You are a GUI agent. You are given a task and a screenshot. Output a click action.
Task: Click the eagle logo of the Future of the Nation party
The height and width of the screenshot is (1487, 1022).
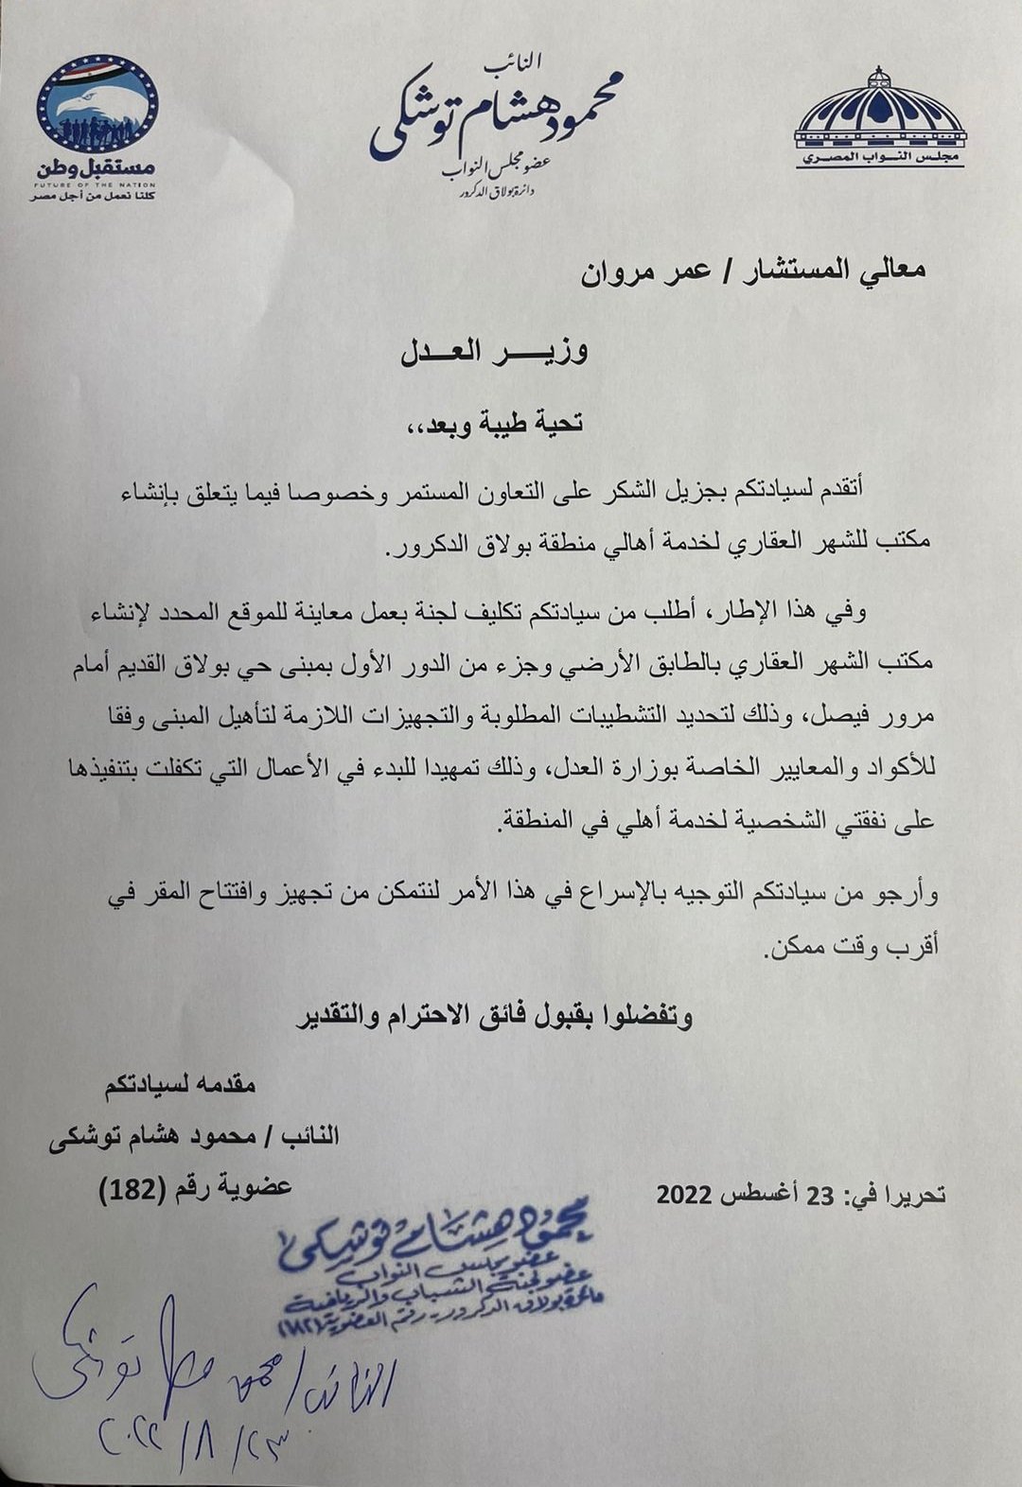[97, 103]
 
